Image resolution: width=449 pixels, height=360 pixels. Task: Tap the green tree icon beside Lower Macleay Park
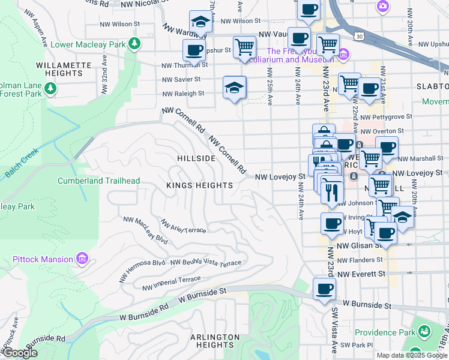tap(136, 43)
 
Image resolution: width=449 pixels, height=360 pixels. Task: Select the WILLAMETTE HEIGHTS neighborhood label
tap(67, 69)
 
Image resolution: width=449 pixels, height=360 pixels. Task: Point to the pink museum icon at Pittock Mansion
tap(82, 259)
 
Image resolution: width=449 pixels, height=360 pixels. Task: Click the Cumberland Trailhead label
tap(98, 181)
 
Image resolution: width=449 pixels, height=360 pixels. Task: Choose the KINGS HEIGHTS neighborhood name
tap(199, 185)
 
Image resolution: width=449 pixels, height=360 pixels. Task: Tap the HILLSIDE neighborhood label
tap(196, 158)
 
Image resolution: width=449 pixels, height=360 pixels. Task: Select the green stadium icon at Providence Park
tap(424, 331)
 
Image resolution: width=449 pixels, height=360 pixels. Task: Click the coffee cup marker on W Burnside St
tap(325, 289)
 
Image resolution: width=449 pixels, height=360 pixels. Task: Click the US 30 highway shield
tap(359, 37)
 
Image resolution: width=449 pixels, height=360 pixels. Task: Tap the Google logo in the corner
tap(20, 353)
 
